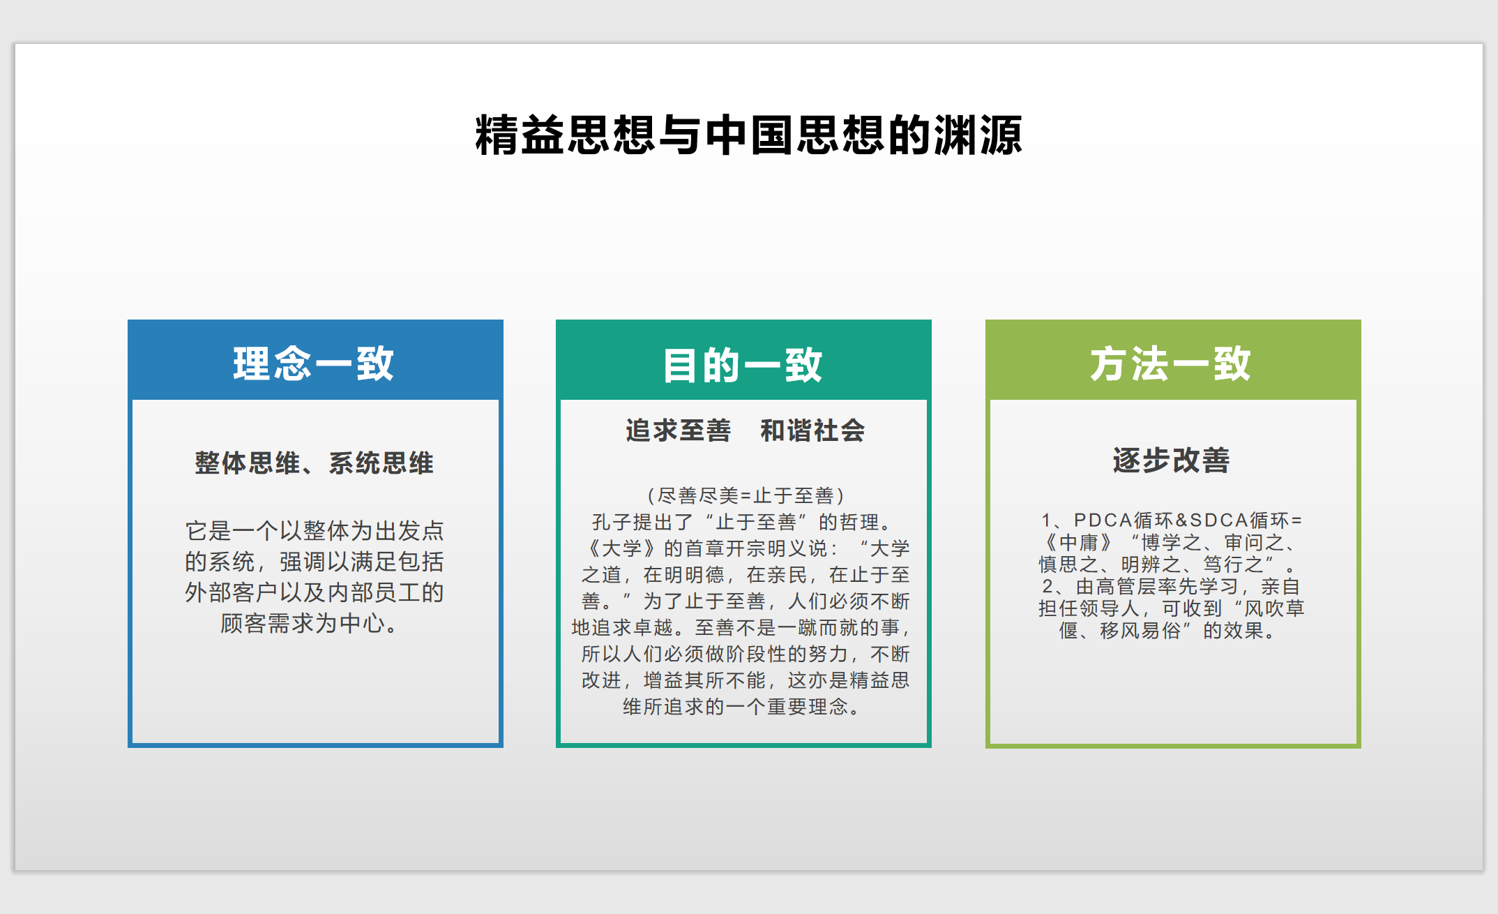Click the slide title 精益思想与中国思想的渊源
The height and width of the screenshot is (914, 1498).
(x=748, y=135)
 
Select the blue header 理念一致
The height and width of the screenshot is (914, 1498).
(x=314, y=364)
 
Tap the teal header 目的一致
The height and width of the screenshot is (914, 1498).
(x=743, y=365)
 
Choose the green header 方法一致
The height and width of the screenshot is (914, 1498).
(x=1171, y=364)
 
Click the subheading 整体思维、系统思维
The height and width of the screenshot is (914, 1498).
(x=314, y=463)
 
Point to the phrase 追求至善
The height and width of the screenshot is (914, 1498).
(x=678, y=430)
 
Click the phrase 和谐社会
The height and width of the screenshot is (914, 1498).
(x=812, y=430)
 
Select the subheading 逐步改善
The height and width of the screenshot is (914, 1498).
(x=1171, y=460)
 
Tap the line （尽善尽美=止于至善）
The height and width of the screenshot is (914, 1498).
(x=746, y=495)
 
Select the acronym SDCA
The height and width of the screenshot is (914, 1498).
(x=1219, y=520)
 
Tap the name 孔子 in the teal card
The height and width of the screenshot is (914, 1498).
(x=612, y=522)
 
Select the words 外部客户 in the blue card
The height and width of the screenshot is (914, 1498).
(x=232, y=592)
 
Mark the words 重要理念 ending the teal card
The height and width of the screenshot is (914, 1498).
(x=808, y=707)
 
